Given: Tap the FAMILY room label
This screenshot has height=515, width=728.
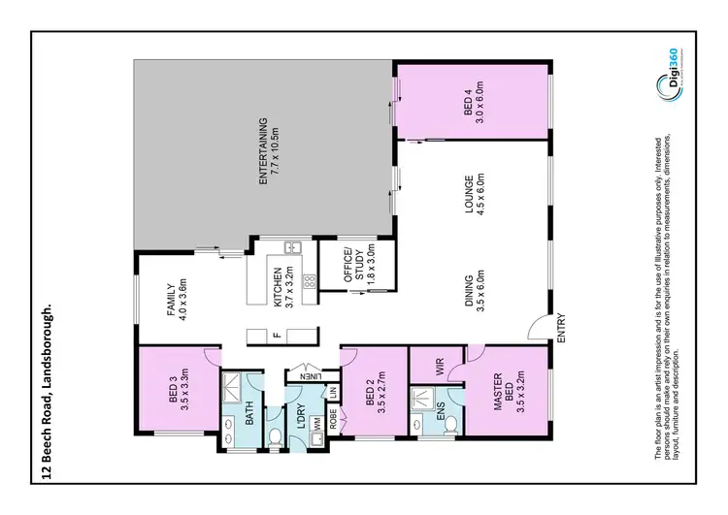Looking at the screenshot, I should coord(175,299).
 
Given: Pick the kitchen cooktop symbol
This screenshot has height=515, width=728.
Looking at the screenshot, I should coord(311,282).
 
